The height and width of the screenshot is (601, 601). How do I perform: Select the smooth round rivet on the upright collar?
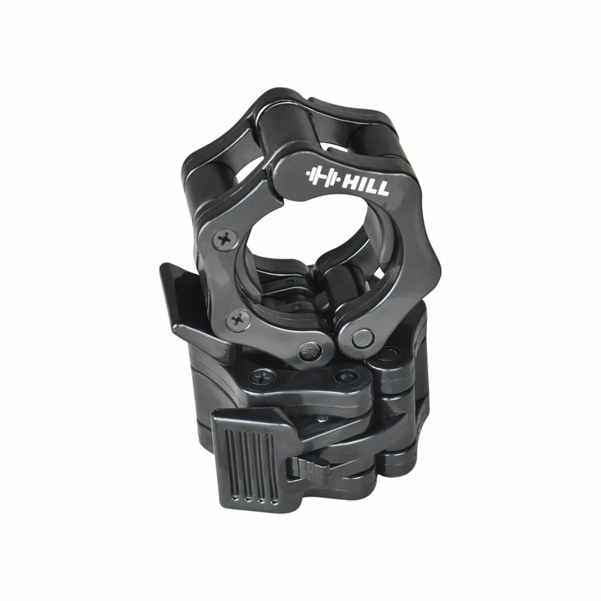tap(359, 339)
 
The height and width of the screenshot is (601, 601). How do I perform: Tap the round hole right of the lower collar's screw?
tap(342, 376)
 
